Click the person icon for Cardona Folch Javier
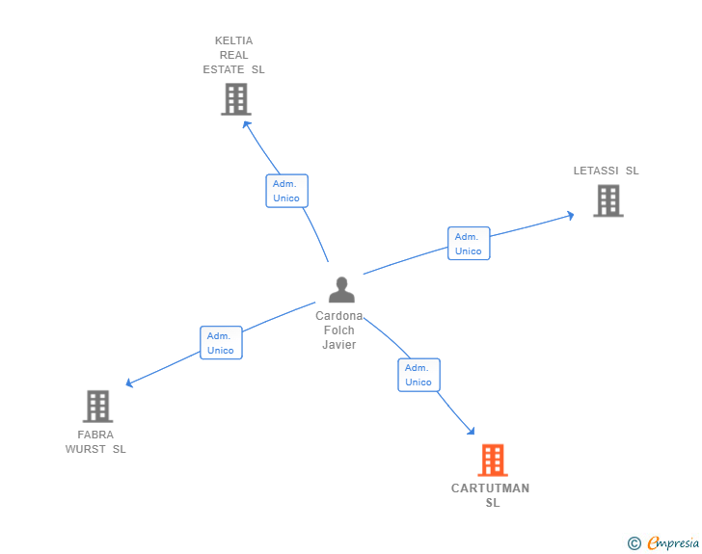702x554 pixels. [341, 290]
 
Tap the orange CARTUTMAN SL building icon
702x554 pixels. [492, 461]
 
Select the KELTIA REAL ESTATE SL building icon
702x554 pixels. [235, 99]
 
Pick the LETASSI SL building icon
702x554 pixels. [607, 200]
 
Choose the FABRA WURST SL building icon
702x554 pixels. [97, 406]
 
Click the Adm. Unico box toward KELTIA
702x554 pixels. [286, 191]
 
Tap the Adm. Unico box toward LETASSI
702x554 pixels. [469, 243]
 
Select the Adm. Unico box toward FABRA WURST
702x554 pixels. [221, 343]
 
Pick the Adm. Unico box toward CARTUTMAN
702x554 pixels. [418, 375]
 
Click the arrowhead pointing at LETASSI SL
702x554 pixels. [571, 215]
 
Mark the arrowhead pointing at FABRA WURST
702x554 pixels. [129, 383]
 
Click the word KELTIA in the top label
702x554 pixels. [233, 40]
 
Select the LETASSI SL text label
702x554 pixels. [606, 171]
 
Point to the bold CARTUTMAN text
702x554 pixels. [490, 488]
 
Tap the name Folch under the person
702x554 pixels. [339, 330]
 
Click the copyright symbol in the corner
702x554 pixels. [634, 543]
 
